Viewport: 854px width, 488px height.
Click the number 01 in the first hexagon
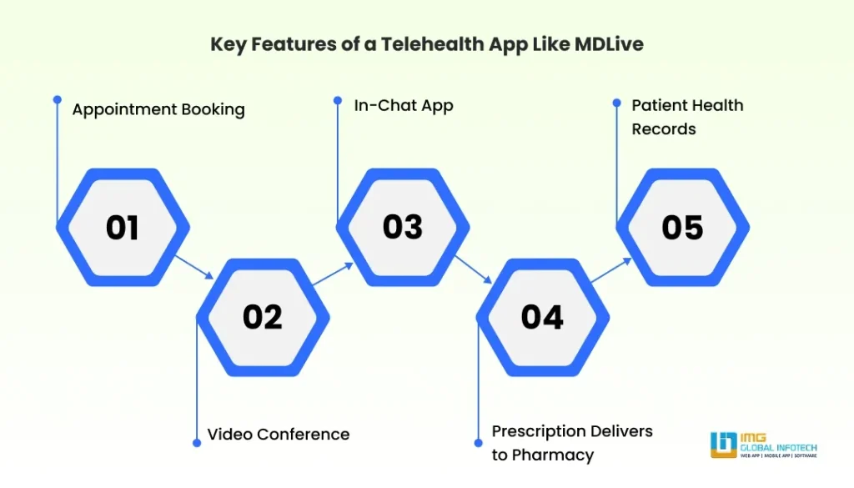[122, 228]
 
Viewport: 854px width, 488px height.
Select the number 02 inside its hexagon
[263, 318]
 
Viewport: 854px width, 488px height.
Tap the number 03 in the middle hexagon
[403, 228]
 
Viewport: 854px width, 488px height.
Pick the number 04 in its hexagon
[542, 318]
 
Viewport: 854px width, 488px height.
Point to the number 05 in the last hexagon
[682, 228]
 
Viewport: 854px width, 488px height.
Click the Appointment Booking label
[158, 109]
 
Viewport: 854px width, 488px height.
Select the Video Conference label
[279, 434]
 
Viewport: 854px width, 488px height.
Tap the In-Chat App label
[404, 105]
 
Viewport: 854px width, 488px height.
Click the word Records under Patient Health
[664, 129]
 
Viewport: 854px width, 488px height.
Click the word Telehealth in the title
[431, 44]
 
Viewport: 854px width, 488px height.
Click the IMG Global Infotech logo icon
[723, 445]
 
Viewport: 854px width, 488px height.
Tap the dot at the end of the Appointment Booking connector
[57, 98]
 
